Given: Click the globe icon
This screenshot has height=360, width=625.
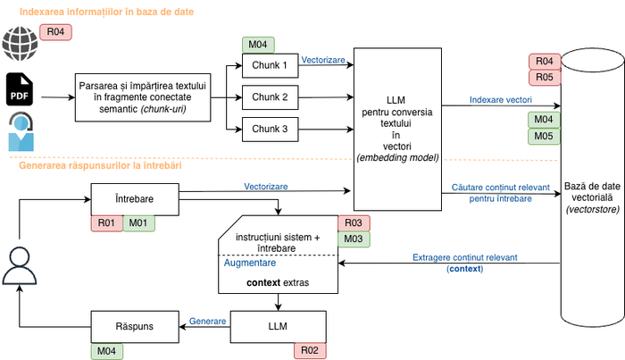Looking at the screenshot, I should [x=17, y=42].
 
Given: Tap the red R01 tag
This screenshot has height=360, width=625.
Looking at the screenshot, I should [x=105, y=222].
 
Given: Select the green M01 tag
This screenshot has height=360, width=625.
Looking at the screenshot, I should [x=137, y=222].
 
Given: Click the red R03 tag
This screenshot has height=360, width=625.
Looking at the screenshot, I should [x=352, y=223].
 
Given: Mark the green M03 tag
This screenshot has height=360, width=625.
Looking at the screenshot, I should [x=352, y=239].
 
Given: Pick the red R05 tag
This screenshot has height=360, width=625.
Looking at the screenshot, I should [x=546, y=78].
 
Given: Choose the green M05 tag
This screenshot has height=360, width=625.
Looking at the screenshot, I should [x=546, y=136].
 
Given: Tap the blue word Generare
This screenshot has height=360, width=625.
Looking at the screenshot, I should [x=205, y=320].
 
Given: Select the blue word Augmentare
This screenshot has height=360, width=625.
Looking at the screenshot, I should [x=249, y=264].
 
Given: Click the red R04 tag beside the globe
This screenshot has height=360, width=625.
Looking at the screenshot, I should [x=56, y=32].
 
